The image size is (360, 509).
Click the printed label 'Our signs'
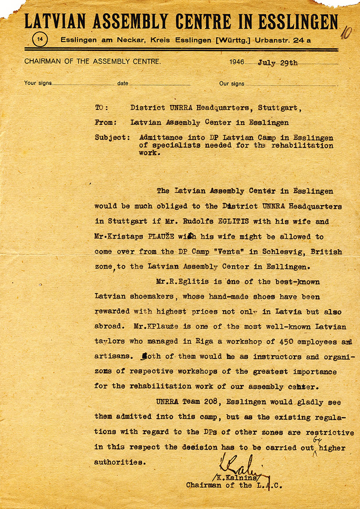coord(231,83)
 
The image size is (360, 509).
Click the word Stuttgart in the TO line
coord(280,108)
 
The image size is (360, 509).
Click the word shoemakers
coord(153,297)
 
